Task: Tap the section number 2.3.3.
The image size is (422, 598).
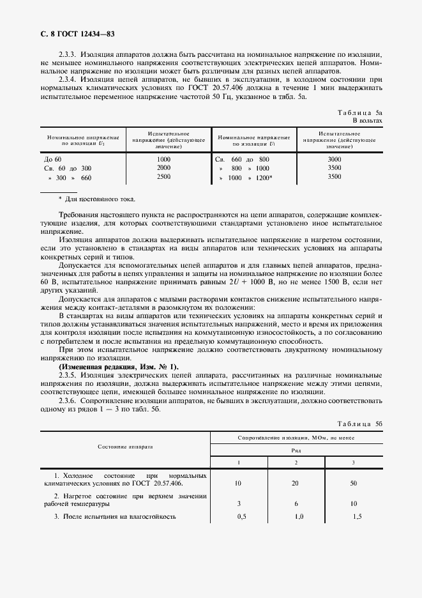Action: pyautogui.click(x=68, y=56)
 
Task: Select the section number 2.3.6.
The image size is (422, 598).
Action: pyautogui.click(x=68, y=401)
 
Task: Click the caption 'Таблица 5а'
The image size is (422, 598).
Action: pyautogui.click(x=360, y=112)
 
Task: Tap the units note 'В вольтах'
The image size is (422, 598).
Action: pyautogui.click(x=368, y=120)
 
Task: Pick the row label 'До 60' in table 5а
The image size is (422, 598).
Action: pyautogui.click(x=53, y=159)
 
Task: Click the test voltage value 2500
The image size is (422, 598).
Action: pyautogui.click(x=163, y=177)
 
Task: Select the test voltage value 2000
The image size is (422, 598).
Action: pyautogui.click(x=163, y=168)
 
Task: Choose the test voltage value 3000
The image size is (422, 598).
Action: pyautogui.click(x=334, y=159)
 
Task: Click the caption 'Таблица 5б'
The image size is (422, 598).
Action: pyautogui.click(x=360, y=424)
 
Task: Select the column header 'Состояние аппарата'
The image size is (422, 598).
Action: pyautogui.click(x=126, y=447)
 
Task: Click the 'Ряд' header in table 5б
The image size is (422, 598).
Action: pyautogui.click(x=296, y=449)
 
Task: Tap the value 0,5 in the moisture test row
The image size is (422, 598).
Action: pyautogui.click(x=241, y=516)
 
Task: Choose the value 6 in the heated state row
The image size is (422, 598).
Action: pyautogui.click(x=296, y=504)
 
